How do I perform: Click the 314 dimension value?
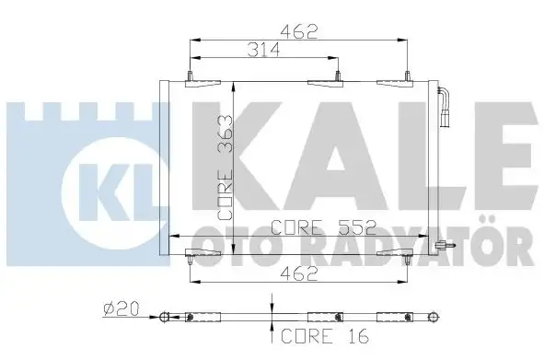263,50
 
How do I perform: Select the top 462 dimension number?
299,32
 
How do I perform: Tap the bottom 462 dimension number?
299,273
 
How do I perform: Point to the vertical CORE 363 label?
225,168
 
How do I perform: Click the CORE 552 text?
323,227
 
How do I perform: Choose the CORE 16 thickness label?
325,336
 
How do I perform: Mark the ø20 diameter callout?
122,308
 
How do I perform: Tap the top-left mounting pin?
190,76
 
